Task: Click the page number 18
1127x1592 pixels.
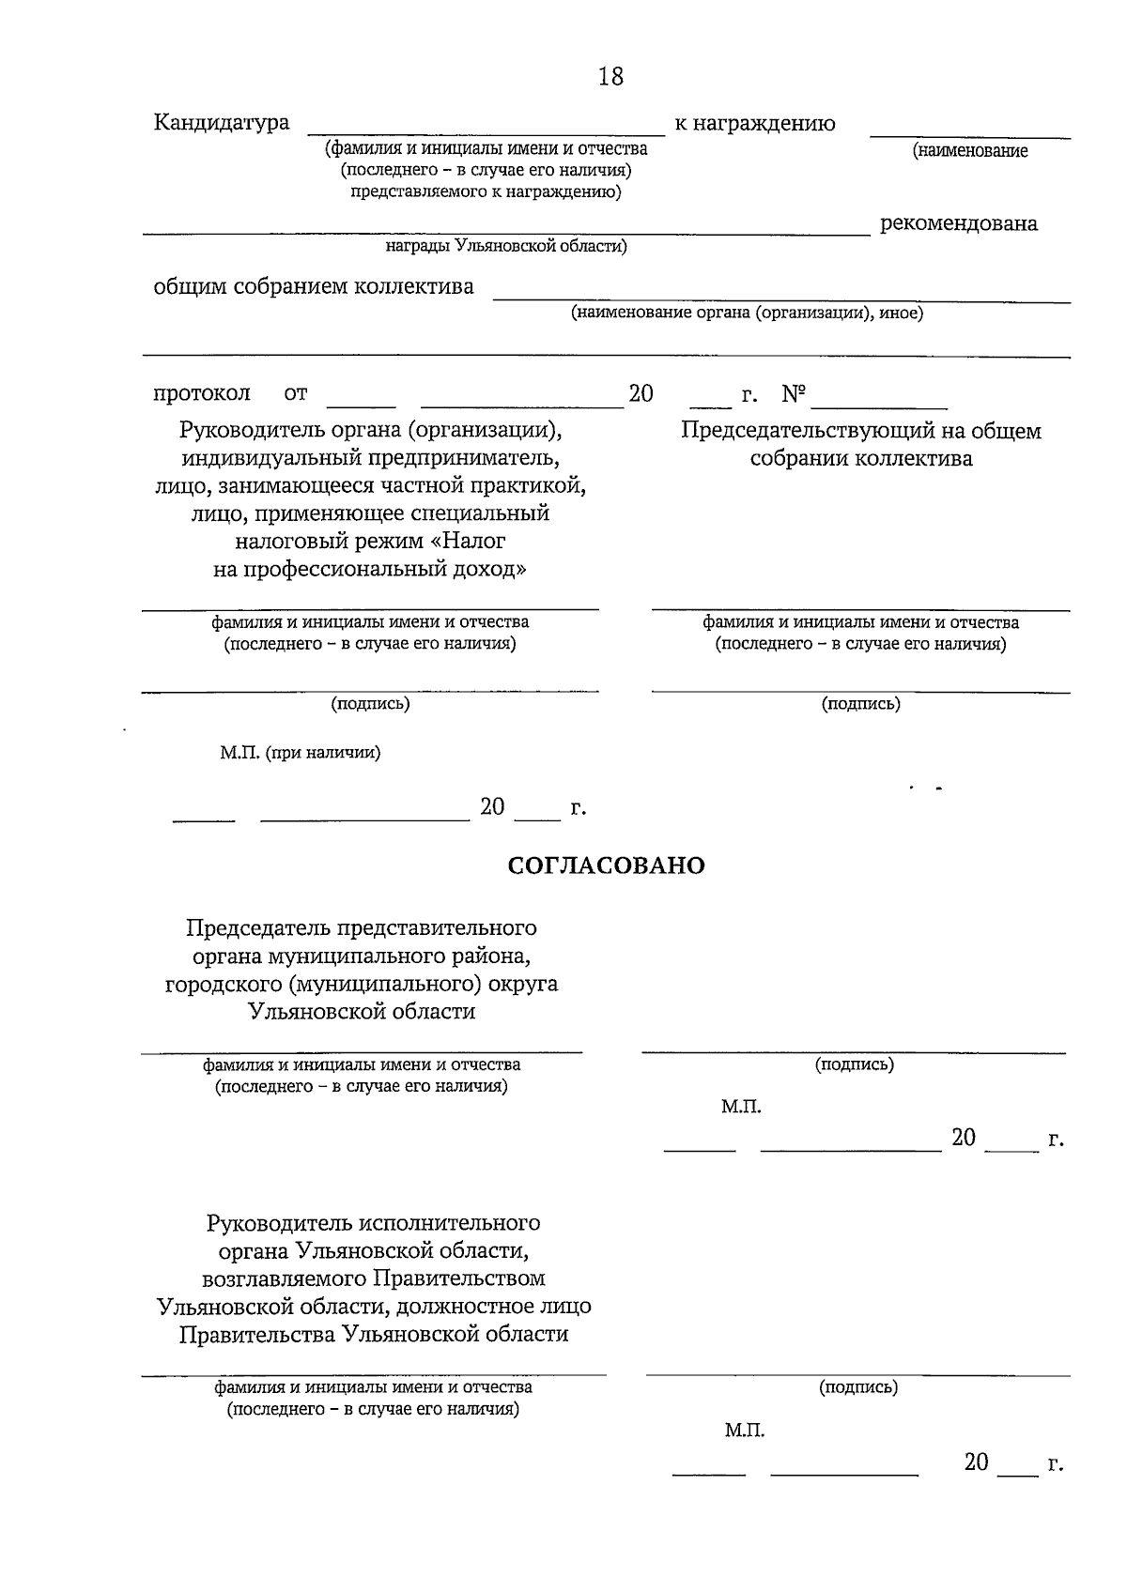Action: [610, 76]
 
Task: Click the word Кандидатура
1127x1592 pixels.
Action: [222, 123]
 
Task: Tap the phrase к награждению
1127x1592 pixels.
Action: [754, 124]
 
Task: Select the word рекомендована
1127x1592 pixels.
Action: [958, 223]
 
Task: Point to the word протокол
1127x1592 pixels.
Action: [202, 393]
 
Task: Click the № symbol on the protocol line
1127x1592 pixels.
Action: [794, 394]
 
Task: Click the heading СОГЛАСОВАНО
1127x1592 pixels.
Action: [606, 865]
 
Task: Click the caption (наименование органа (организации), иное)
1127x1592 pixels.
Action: [747, 314]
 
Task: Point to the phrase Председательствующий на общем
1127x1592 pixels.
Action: [860, 431]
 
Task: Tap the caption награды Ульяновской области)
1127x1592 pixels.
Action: [506, 247]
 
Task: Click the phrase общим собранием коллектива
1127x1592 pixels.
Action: [314, 286]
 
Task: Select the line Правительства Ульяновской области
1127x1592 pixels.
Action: [374, 1334]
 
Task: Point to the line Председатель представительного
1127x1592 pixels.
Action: [362, 927]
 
